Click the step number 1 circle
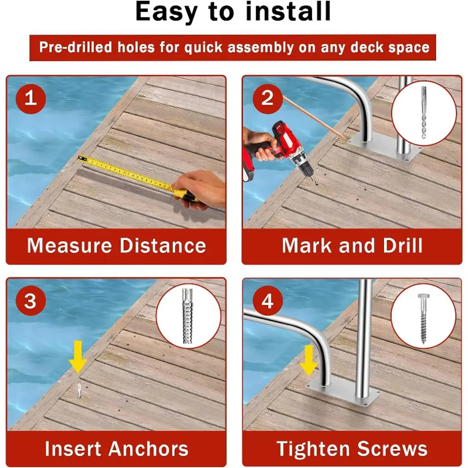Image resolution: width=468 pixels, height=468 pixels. click(x=31, y=99)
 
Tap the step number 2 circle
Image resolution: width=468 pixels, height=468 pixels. click(x=267, y=99)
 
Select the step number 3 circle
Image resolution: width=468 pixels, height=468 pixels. click(x=31, y=301)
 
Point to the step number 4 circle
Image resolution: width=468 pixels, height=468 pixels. click(x=267, y=301)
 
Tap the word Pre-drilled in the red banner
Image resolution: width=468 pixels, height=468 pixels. click(x=75, y=48)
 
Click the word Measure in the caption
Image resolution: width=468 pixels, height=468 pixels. click(x=69, y=245)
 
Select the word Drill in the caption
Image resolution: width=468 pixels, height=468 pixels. click(x=402, y=245)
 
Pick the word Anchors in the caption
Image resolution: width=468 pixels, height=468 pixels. click(x=148, y=448)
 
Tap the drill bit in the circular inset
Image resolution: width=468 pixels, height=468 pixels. click(x=424, y=112)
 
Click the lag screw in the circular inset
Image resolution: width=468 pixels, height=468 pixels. click(x=423, y=319)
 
